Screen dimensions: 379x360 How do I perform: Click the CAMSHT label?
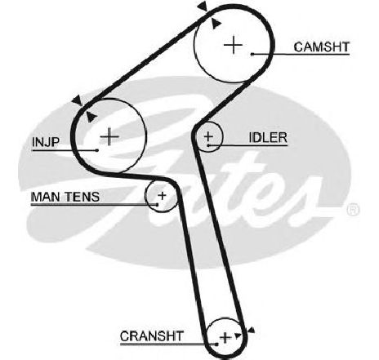tap(322, 47)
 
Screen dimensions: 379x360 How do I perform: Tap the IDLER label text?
tap(268, 138)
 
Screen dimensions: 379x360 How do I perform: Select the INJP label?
tap(46, 142)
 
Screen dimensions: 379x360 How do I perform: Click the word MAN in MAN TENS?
tap(47, 197)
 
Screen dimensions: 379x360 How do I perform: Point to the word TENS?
tap(82, 197)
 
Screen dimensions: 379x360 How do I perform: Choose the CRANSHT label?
tap(152, 336)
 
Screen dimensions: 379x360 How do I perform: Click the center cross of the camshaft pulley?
tap(234, 45)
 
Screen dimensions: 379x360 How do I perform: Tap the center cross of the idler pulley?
tap(208, 136)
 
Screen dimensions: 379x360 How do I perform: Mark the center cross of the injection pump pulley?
tap(109, 136)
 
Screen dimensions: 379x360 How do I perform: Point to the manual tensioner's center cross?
tap(163, 195)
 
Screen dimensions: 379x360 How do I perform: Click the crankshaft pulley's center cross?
tap(225, 338)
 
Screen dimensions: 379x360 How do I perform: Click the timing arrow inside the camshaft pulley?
tap(216, 24)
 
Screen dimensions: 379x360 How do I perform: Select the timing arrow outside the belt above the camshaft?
tap(203, 7)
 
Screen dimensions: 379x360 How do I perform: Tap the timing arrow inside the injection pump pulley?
tap(91, 117)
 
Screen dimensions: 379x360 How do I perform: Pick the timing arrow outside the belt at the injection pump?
tap(78, 100)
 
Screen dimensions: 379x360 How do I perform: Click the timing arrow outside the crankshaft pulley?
tap(252, 330)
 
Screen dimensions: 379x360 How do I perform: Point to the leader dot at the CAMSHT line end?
tap(252, 54)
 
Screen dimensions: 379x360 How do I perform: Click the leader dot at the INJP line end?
tap(97, 150)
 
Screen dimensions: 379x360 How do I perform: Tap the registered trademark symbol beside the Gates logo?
tap(353, 210)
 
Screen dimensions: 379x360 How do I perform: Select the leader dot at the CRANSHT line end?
tap(216, 344)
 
